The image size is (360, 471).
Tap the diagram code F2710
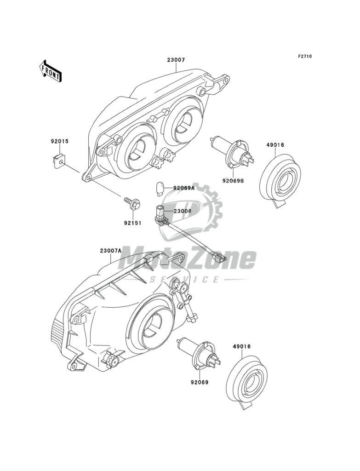304,57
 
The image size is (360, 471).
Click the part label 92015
59,142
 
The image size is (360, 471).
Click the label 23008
183,211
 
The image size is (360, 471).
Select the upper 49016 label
275,145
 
